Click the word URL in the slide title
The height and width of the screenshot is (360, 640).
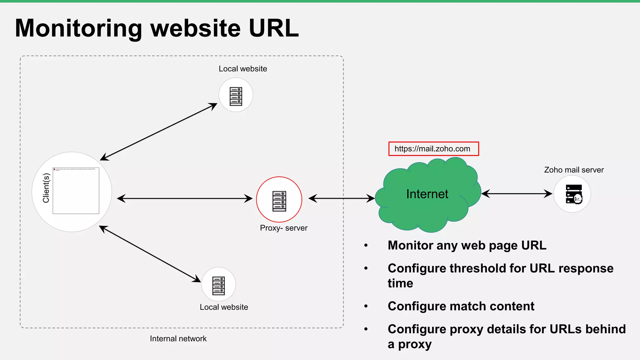[274, 28]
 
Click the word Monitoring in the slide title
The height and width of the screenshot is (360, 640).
[78, 28]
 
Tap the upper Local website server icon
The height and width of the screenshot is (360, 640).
[236, 96]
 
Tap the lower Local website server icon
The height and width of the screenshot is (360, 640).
[218, 285]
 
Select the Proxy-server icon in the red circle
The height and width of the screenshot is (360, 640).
[279, 201]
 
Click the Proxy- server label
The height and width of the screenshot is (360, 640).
[283, 228]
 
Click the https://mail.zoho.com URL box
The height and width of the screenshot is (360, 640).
[433, 149]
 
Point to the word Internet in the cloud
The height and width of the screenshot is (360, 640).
[427, 194]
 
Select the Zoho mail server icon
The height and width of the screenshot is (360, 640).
[573, 194]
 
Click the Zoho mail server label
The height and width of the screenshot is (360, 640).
[574, 170]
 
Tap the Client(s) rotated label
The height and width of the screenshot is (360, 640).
[46, 188]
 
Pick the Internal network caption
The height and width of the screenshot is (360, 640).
[178, 339]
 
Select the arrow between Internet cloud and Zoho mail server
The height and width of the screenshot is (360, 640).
[517, 194]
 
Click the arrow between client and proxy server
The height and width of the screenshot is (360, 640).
[184, 198]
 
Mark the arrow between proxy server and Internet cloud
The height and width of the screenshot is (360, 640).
[341, 198]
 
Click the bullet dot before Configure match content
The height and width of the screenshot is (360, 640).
[366, 306]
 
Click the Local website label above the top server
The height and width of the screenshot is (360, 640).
[243, 69]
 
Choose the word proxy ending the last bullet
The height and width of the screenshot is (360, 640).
[415, 344]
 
